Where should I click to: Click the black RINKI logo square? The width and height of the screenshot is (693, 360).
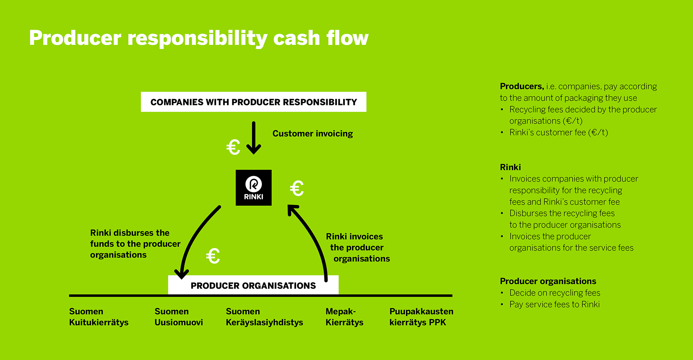coord(254,188)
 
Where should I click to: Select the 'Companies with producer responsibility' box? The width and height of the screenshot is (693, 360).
coord(254,102)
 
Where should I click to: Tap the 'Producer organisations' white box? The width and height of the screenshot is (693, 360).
coord(253,285)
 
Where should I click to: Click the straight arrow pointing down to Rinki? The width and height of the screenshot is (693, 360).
coord(254,138)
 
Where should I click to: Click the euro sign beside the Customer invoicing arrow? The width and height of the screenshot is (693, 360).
coord(233,147)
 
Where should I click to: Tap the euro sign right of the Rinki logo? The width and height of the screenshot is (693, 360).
coord(297,188)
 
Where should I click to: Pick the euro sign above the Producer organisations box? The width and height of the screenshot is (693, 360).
coord(213,256)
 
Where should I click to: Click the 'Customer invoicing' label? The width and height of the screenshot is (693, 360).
coord(313,133)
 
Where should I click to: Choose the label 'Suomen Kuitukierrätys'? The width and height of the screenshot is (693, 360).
coord(99,317)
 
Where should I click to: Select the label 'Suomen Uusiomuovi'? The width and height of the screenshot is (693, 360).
coord(179,317)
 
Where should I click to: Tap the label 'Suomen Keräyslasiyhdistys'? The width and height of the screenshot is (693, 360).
coord(265,317)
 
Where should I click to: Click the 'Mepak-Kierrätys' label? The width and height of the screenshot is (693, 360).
coord(344,317)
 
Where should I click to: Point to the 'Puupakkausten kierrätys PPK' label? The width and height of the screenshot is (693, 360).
coord(421,317)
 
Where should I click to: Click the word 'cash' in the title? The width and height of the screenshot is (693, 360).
coord(297,38)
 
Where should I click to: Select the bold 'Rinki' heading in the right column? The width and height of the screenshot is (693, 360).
coord(511,167)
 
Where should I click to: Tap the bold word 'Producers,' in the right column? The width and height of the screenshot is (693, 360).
coord(522,86)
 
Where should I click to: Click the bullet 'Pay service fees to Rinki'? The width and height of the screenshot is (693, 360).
coord(555,305)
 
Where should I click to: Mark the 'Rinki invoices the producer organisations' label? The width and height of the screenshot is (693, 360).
coord(358,247)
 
